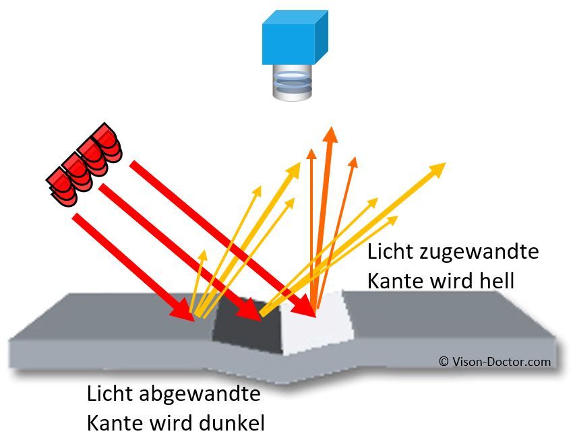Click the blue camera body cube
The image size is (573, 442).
[295, 39]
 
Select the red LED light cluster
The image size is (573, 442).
[84, 165]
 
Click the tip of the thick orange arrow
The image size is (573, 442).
[330, 131]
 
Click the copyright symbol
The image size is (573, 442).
[444, 362]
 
